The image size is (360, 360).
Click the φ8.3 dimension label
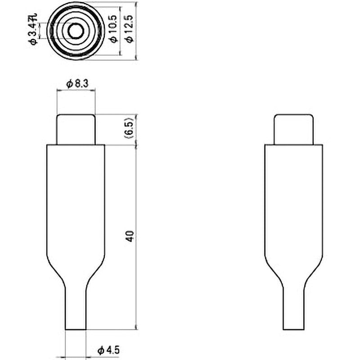(76, 83)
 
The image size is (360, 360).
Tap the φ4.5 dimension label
(108, 350)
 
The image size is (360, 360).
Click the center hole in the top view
(76, 31)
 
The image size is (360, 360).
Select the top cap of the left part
(76, 129)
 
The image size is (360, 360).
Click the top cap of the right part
(293, 129)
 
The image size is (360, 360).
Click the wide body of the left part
(76, 202)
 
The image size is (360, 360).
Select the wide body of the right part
(293, 202)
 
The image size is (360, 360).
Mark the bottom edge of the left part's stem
(76, 330)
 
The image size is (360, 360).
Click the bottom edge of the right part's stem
(293, 330)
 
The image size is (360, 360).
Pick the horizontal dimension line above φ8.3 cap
(76, 90)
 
